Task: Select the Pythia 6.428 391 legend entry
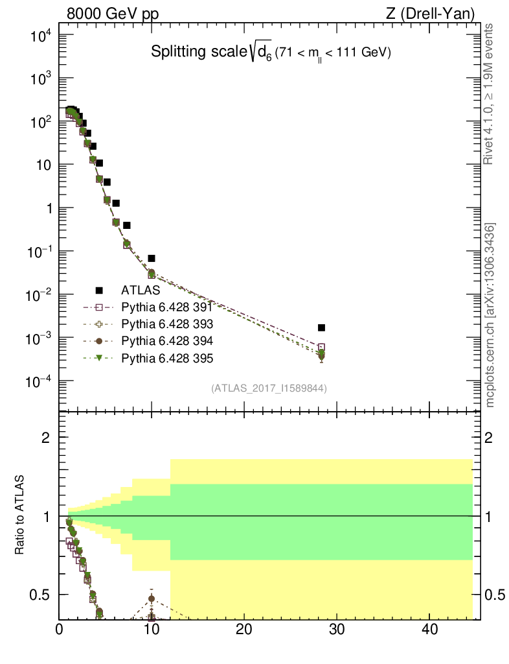click(x=167, y=307)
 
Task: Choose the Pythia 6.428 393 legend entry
click(x=167, y=324)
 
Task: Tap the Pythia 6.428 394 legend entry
click(x=167, y=340)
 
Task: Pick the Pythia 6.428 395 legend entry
click(x=167, y=358)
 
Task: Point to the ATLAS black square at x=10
click(x=152, y=258)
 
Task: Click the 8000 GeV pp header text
click(x=113, y=14)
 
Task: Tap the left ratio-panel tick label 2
click(x=46, y=438)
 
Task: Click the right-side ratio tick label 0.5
click(x=494, y=595)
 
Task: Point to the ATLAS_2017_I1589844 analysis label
click(x=269, y=388)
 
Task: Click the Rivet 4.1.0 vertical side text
click(x=489, y=94)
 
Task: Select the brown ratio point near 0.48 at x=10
click(x=152, y=599)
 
